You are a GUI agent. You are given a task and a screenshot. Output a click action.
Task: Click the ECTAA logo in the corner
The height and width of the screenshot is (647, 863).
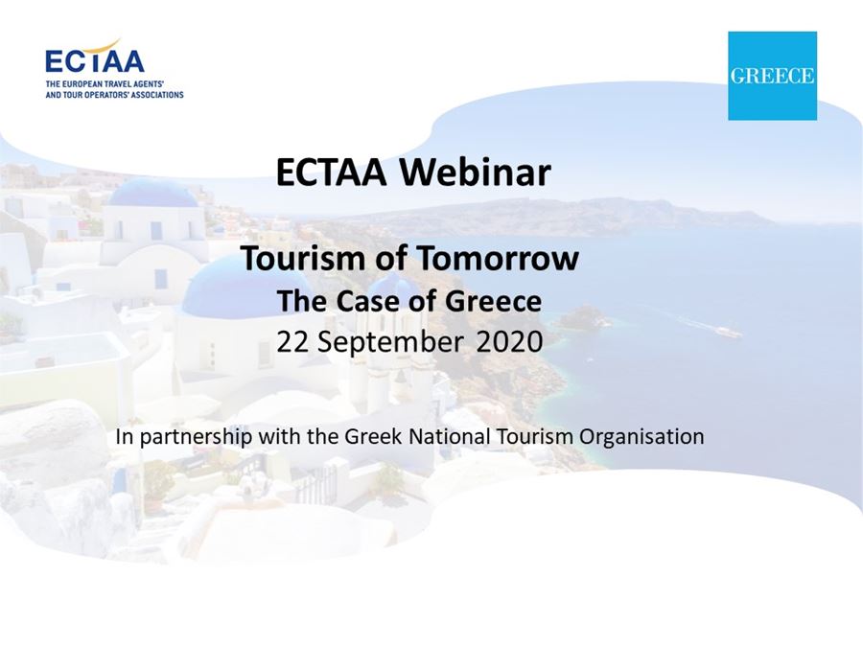(x=114, y=68)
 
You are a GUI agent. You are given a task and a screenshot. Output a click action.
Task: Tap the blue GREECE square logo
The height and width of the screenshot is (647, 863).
(x=772, y=76)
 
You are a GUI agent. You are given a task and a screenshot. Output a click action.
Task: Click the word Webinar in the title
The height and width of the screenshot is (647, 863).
(x=475, y=173)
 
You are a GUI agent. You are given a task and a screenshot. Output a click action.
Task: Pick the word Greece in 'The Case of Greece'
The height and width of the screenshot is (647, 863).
(x=493, y=301)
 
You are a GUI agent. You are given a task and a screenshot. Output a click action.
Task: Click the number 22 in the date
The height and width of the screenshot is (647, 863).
(x=292, y=341)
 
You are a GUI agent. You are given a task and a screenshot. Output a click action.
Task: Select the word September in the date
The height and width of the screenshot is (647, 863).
(x=389, y=343)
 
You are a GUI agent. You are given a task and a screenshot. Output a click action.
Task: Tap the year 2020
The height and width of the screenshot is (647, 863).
(x=509, y=341)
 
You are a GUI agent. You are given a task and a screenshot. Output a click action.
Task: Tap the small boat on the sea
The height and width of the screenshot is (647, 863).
(x=728, y=332)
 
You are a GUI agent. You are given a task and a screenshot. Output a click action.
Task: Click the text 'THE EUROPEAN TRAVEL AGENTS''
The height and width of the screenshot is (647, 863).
(x=105, y=84)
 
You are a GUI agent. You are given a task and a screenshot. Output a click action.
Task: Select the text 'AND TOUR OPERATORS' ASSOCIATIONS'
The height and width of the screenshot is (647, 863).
(x=114, y=95)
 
